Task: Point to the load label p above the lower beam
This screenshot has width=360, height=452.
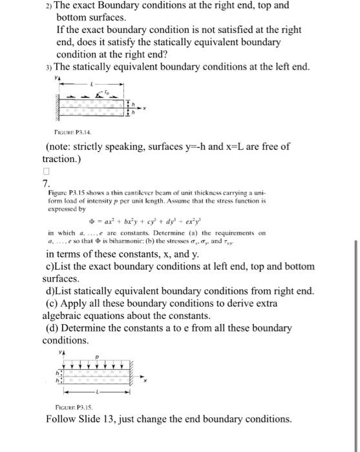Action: click(x=96, y=356)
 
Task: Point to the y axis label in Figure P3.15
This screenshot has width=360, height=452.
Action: click(x=61, y=353)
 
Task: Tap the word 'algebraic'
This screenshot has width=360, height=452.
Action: click(x=65, y=316)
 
